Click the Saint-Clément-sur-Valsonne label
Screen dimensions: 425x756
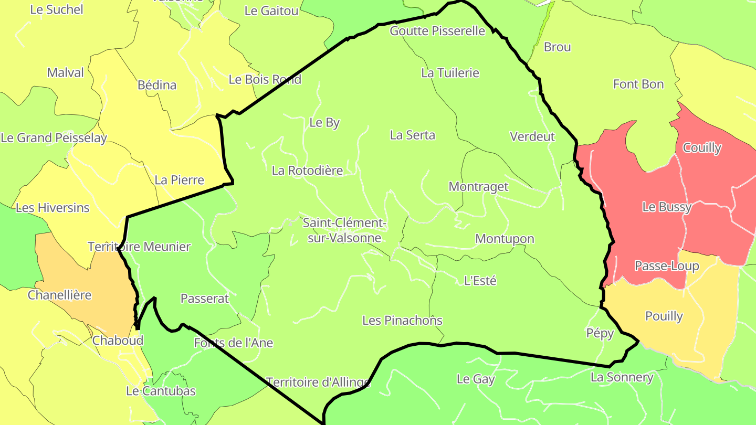(344, 230)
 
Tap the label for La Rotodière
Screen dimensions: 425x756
(307, 171)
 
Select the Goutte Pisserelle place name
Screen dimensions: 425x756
(437, 31)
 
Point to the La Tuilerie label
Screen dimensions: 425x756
(450, 73)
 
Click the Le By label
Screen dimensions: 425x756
(324, 123)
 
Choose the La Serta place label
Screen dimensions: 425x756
(412, 135)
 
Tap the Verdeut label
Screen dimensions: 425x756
(532, 137)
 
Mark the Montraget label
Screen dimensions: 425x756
(478, 187)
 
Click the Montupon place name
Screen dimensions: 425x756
(505, 239)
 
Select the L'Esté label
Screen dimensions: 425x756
(480, 281)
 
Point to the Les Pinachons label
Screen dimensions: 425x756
(402, 321)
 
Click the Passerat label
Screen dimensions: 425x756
(205, 299)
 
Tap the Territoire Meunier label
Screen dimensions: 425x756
(139, 247)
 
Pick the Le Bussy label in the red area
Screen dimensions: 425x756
(667, 207)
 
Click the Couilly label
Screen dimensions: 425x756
(702, 148)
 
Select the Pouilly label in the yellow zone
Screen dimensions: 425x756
(664, 316)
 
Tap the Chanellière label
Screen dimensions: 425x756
(59, 295)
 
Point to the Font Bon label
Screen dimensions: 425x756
(638, 84)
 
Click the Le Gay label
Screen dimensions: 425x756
(476, 379)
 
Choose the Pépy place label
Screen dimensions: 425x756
(600, 333)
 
